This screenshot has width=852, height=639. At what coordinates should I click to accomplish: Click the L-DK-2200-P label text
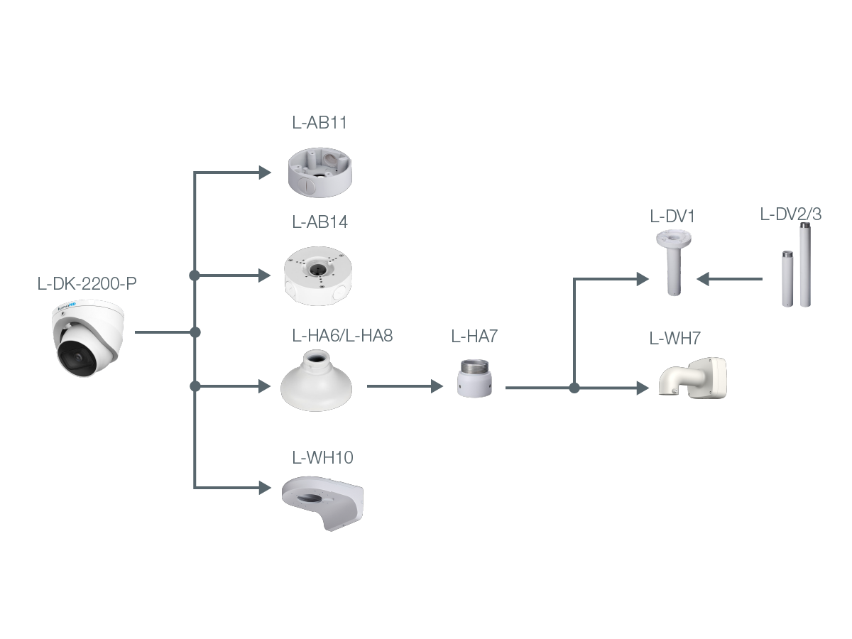pyautogui.click(x=87, y=284)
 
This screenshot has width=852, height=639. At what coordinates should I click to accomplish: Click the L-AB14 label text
pyautogui.click(x=319, y=222)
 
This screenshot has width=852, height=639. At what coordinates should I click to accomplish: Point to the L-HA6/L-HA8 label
pyautogui.click(x=342, y=336)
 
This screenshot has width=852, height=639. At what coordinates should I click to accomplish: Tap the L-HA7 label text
pyautogui.click(x=474, y=337)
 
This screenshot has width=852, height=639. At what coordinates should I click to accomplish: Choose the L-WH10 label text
pyautogui.click(x=322, y=458)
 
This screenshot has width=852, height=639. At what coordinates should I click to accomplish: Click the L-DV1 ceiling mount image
pyautogui.click(x=672, y=261)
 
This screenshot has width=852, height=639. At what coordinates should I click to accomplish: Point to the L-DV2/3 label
pyautogui.click(x=790, y=214)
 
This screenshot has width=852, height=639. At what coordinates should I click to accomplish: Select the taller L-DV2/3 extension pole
pyautogui.click(x=805, y=265)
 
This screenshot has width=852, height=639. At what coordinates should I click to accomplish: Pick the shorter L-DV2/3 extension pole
pyautogui.click(x=787, y=278)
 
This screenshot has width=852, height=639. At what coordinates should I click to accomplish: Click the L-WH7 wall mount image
pyautogui.click(x=693, y=378)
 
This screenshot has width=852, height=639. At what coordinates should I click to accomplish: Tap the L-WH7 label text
pyautogui.click(x=674, y=339)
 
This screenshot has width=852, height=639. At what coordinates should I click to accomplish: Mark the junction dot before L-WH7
pyautogui.click(x=574, y=388)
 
